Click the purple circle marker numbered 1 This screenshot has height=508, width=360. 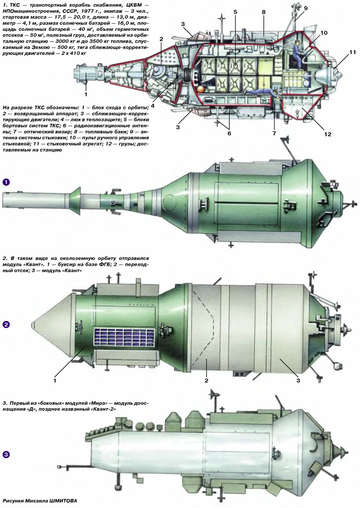[x=6, y=182]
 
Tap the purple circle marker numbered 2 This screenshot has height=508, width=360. [x=6, y=324]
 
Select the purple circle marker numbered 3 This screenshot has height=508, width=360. [x=6, y=455]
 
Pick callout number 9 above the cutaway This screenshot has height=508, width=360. [x=305, y=9]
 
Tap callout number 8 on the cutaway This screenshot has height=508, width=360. [x=263, y=11]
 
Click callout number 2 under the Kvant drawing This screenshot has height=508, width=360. [x=206, y=380]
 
